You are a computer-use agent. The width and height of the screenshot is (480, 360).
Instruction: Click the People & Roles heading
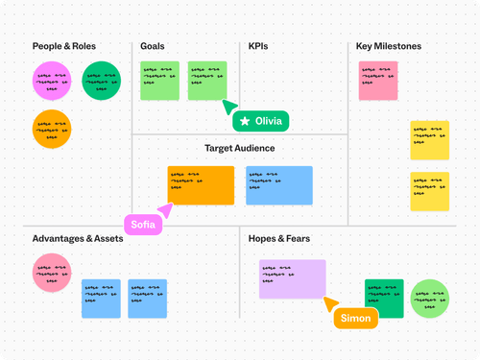(x=64, y=46)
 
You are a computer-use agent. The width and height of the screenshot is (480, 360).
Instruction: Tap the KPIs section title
(x=258, y=46)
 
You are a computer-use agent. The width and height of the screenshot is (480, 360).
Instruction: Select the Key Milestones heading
(x=389, y=46)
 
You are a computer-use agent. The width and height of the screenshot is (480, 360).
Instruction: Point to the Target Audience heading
(x=240, y=149)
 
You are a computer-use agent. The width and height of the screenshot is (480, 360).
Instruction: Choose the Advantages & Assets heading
(x=78, y=238)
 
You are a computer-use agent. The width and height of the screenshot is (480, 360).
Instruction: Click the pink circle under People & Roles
(x=52, y=81)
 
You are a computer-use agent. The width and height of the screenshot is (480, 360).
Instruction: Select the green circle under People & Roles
(x=101, y=81)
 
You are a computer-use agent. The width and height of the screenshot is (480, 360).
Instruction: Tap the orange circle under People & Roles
(x=52, y=129)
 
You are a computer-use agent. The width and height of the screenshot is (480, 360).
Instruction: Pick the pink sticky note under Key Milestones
(x=377, y=81)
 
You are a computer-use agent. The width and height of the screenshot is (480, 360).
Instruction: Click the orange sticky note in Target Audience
(x=201, y=185)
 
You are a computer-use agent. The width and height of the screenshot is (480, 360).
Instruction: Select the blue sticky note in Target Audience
(x=278, y=185)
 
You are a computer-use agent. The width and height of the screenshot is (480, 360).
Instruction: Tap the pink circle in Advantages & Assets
(x=52, y=273)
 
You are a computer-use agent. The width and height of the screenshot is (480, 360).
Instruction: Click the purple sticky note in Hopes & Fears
(x=292, y=278)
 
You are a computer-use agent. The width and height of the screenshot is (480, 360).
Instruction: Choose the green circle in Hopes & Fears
(x=429, y=299)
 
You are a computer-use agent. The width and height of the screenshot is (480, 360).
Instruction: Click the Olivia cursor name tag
(x=260, y=121)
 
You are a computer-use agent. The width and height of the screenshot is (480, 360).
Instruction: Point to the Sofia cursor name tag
(x=143, y=224)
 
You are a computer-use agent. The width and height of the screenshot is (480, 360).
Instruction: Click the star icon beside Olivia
(x=246, y=121)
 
